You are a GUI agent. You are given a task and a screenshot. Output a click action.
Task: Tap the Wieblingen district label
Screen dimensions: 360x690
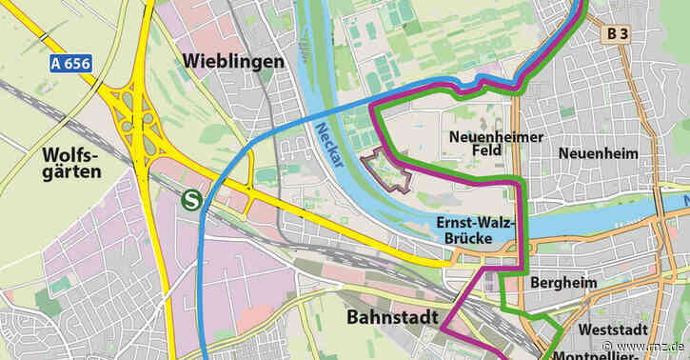click(229, 62)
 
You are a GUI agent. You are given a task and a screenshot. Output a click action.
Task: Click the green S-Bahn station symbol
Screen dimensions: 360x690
click(191, 200)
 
